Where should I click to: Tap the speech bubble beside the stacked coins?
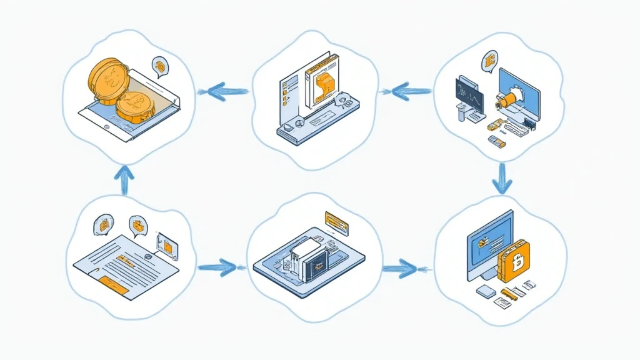click(161, 66)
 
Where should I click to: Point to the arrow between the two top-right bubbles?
click(404, 92)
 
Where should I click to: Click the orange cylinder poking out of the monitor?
click(503, 99)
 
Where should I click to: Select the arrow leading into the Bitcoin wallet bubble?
click(400, 269)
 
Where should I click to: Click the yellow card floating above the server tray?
click(337, 221)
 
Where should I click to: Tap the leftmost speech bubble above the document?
click(103, 224)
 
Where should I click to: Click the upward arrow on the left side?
click(125, 179)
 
